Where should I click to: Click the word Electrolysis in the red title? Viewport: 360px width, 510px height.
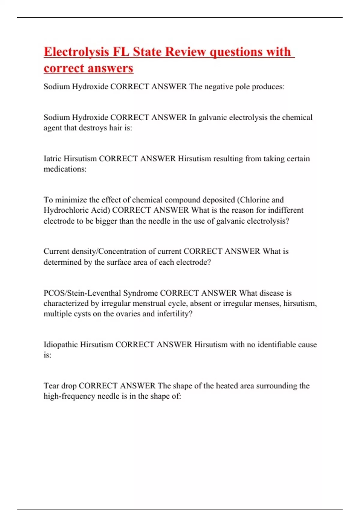click(x=76, y=52)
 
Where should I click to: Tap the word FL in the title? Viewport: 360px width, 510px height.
click(x=121, y=52)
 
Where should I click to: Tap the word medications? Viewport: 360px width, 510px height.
click(x=65, y=169)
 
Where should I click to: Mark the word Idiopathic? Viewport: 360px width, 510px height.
click(x=61, y=344)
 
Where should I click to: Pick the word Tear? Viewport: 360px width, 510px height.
click(x=51, y=386)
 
